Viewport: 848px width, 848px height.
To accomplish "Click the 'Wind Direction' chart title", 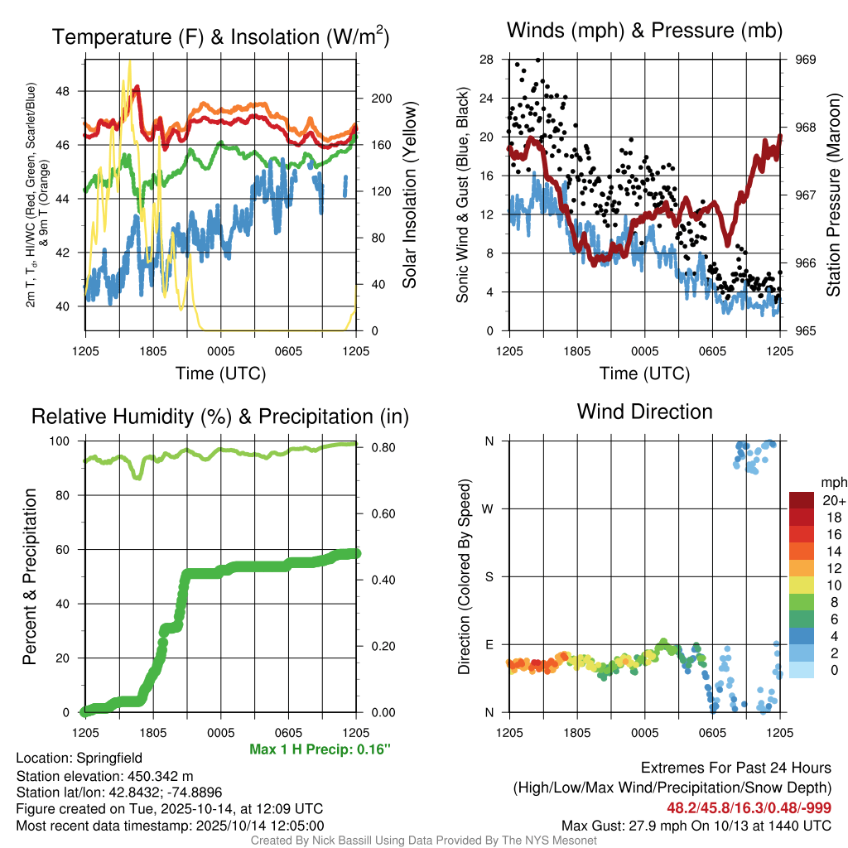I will (644, 412).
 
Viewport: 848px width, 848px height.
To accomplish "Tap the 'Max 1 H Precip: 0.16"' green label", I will (320, 749).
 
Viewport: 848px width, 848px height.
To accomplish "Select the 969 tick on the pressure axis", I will (806, 60).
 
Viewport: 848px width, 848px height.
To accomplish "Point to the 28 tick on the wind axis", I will (486, 60).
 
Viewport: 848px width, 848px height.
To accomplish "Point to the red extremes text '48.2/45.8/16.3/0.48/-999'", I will (749, 807).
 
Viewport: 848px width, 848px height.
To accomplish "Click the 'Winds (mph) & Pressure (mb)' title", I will (644, 31).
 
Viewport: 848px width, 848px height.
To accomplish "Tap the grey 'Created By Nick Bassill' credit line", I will (423, 841).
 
